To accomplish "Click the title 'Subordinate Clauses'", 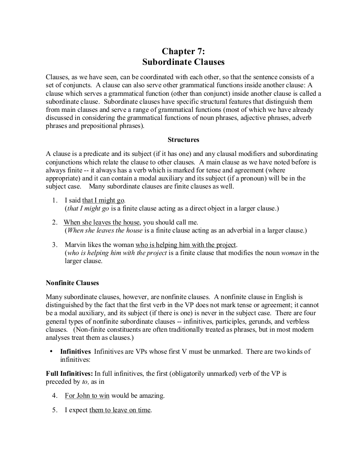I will [x=183, y=62].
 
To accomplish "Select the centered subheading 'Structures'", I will [x=183, y=139].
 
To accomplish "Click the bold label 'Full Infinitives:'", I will [x=69, y=373].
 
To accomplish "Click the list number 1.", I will [x=55, y=200].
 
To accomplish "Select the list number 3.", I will [x=55, y=244].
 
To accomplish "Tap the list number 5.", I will [x=55, y=410].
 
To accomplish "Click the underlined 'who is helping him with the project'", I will [x=186, y=244].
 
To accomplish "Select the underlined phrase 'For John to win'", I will [x=87, y=396].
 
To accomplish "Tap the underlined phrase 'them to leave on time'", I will [x=120, y=410].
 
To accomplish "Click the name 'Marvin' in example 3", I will [x=75, y=244].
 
